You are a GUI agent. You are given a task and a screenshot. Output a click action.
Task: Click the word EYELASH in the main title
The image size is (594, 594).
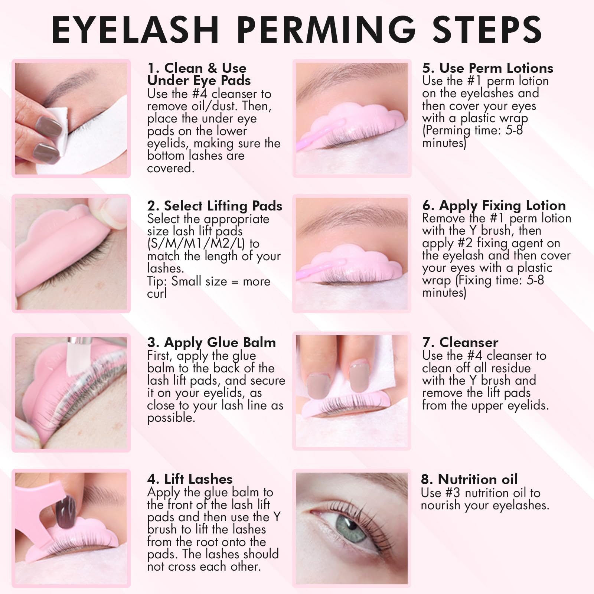[x=135, y=29]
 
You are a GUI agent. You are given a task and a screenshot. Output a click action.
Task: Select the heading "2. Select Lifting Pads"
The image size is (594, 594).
[x=215, y=206]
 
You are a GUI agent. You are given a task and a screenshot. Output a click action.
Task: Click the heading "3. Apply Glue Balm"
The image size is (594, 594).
[x=212, y=342]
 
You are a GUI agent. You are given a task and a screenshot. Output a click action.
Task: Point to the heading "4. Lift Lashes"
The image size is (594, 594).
[x=190, y=479]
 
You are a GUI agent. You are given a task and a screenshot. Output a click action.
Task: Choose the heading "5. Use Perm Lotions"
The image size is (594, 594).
[x=488, y=68]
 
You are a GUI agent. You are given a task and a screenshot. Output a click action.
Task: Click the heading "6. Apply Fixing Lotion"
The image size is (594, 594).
[x=494, y=205]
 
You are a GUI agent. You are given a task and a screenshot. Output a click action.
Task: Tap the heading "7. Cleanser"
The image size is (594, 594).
[x=460, y=342]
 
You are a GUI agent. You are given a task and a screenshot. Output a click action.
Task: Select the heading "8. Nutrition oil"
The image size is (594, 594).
[x=469, y=479]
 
